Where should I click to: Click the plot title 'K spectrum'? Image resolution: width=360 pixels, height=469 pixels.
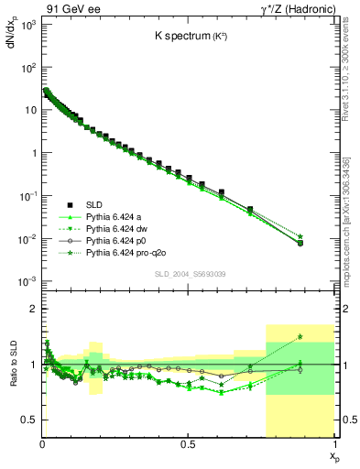click(x=187, y=38)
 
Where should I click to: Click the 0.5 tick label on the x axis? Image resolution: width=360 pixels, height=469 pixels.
click(x=188, y=443)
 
